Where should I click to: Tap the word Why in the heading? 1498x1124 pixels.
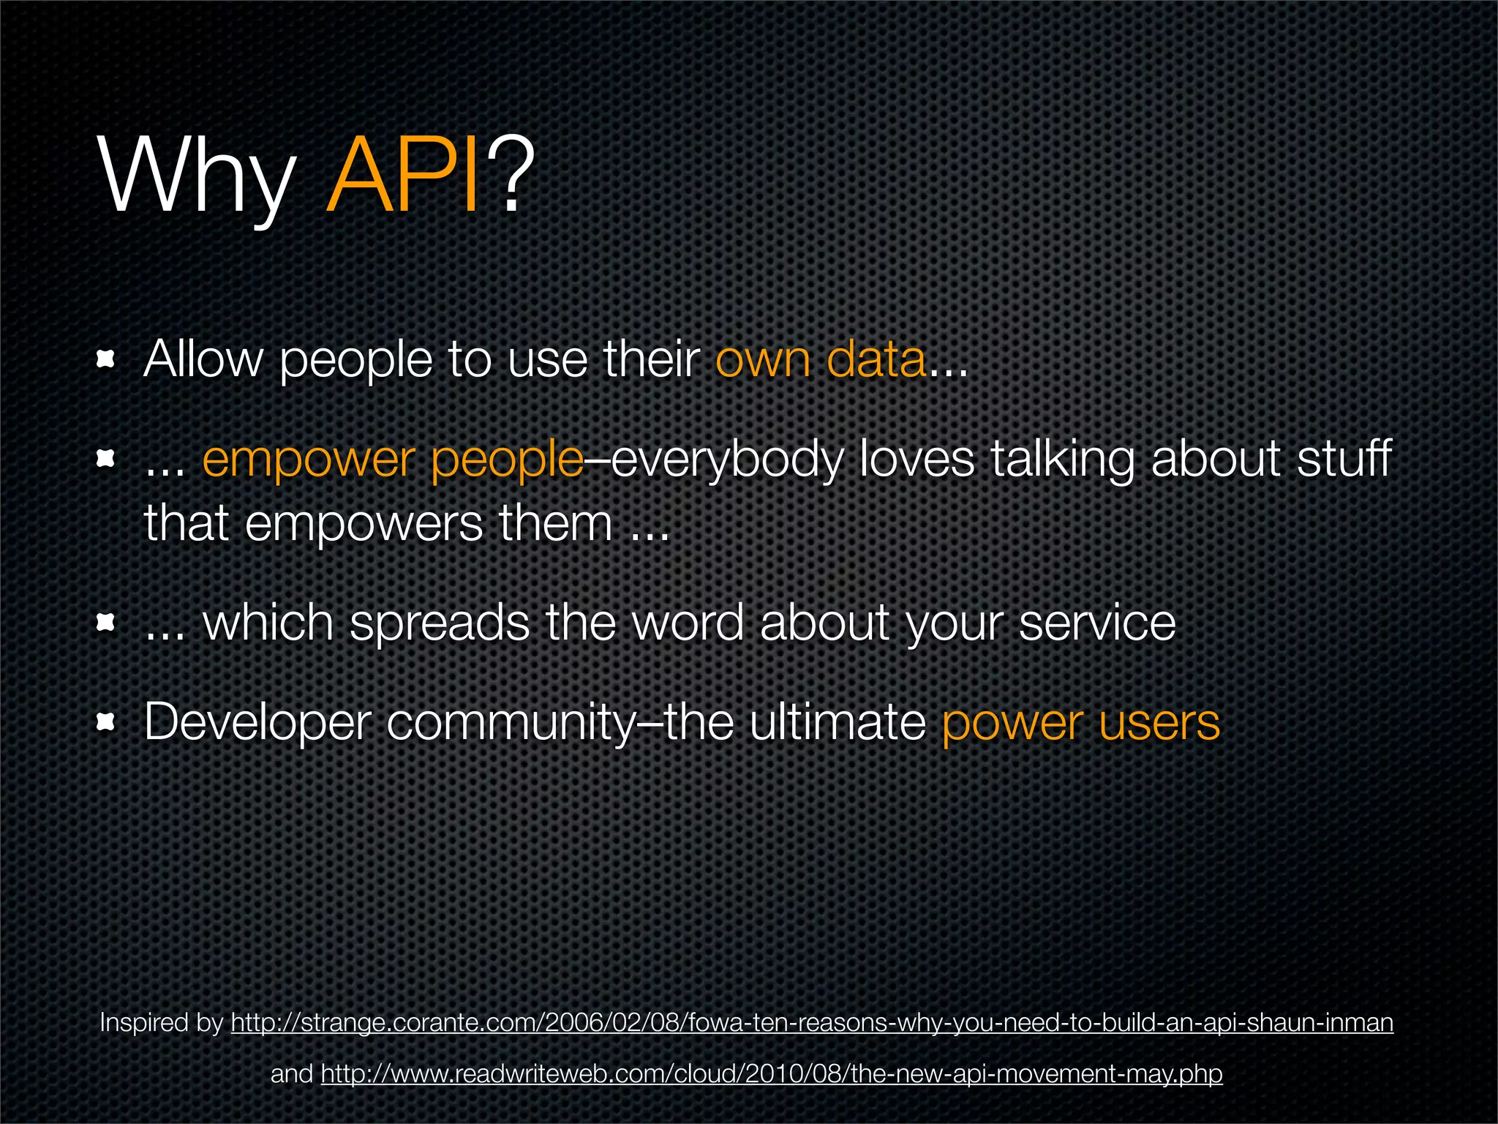click(196, 177)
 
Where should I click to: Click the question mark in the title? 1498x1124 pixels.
click(511, 177)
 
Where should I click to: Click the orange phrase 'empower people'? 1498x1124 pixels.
click(393, 460)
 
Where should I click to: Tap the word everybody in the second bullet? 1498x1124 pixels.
click(727, 460)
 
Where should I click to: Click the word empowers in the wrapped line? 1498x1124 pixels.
click(364, 523)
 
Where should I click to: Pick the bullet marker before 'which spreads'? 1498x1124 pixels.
click(107, 623)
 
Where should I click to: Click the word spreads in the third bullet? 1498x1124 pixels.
click(439, 623)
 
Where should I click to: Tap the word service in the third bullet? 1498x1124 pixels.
click(1097, 623)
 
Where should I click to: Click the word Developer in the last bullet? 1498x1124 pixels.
click(257, 722)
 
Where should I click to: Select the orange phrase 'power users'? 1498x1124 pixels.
click(1080, 722)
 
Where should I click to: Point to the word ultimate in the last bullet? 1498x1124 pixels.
click(838, 722)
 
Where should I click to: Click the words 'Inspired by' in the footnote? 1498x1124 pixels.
click(161, 1022)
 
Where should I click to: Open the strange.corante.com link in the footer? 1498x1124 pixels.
click(812, 1022)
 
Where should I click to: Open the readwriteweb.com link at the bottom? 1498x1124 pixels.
click(771, 1074)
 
